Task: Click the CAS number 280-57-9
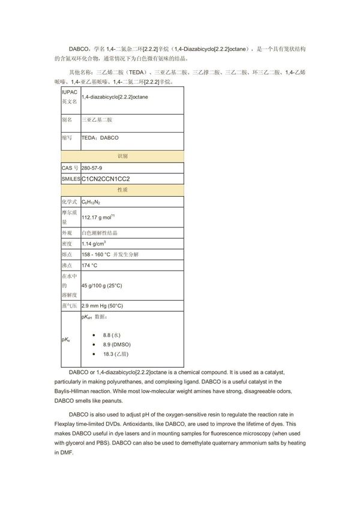(92, 167)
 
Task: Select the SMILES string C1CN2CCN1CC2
(105, 179)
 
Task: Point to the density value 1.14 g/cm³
(94, 244)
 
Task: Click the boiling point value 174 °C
(89, 265)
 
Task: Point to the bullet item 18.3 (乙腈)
(117, 356)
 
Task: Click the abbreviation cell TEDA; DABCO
(100, 137)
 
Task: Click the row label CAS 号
(70, 167)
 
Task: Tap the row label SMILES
(70, 179)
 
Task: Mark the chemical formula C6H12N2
(92, 202)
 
